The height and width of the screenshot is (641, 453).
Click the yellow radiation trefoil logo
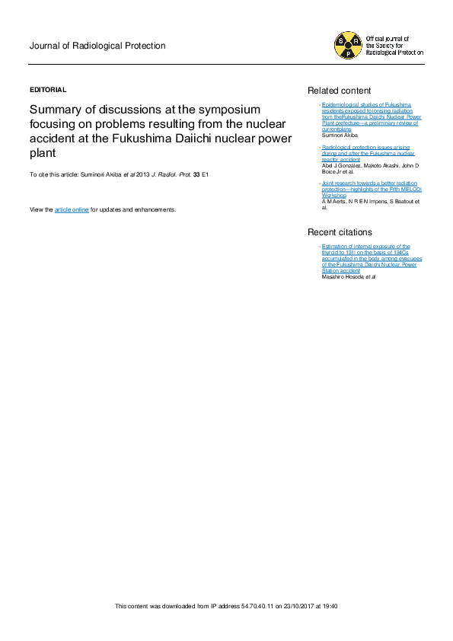[x=348, y=46]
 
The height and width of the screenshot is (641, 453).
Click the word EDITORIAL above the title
[x=48, y=89]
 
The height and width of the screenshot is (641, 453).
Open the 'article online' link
[x=72, y=209]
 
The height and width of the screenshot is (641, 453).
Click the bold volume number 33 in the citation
[x=196, y=175]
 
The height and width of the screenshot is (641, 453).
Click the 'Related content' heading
[x=339, y=90]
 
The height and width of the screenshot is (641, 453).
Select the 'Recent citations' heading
[x=340, y=231]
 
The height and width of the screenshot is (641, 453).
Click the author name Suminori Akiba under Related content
[x=338, y=134]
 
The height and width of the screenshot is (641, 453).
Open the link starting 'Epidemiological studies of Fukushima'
[x=366, y=103]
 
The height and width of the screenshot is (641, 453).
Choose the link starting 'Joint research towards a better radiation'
[x=366, y=183]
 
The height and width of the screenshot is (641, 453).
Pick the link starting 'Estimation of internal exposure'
[x=366, y=247]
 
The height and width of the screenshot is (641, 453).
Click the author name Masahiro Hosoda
[x=343, y=276]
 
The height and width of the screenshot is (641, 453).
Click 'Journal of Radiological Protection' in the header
[x=97, y=46]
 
